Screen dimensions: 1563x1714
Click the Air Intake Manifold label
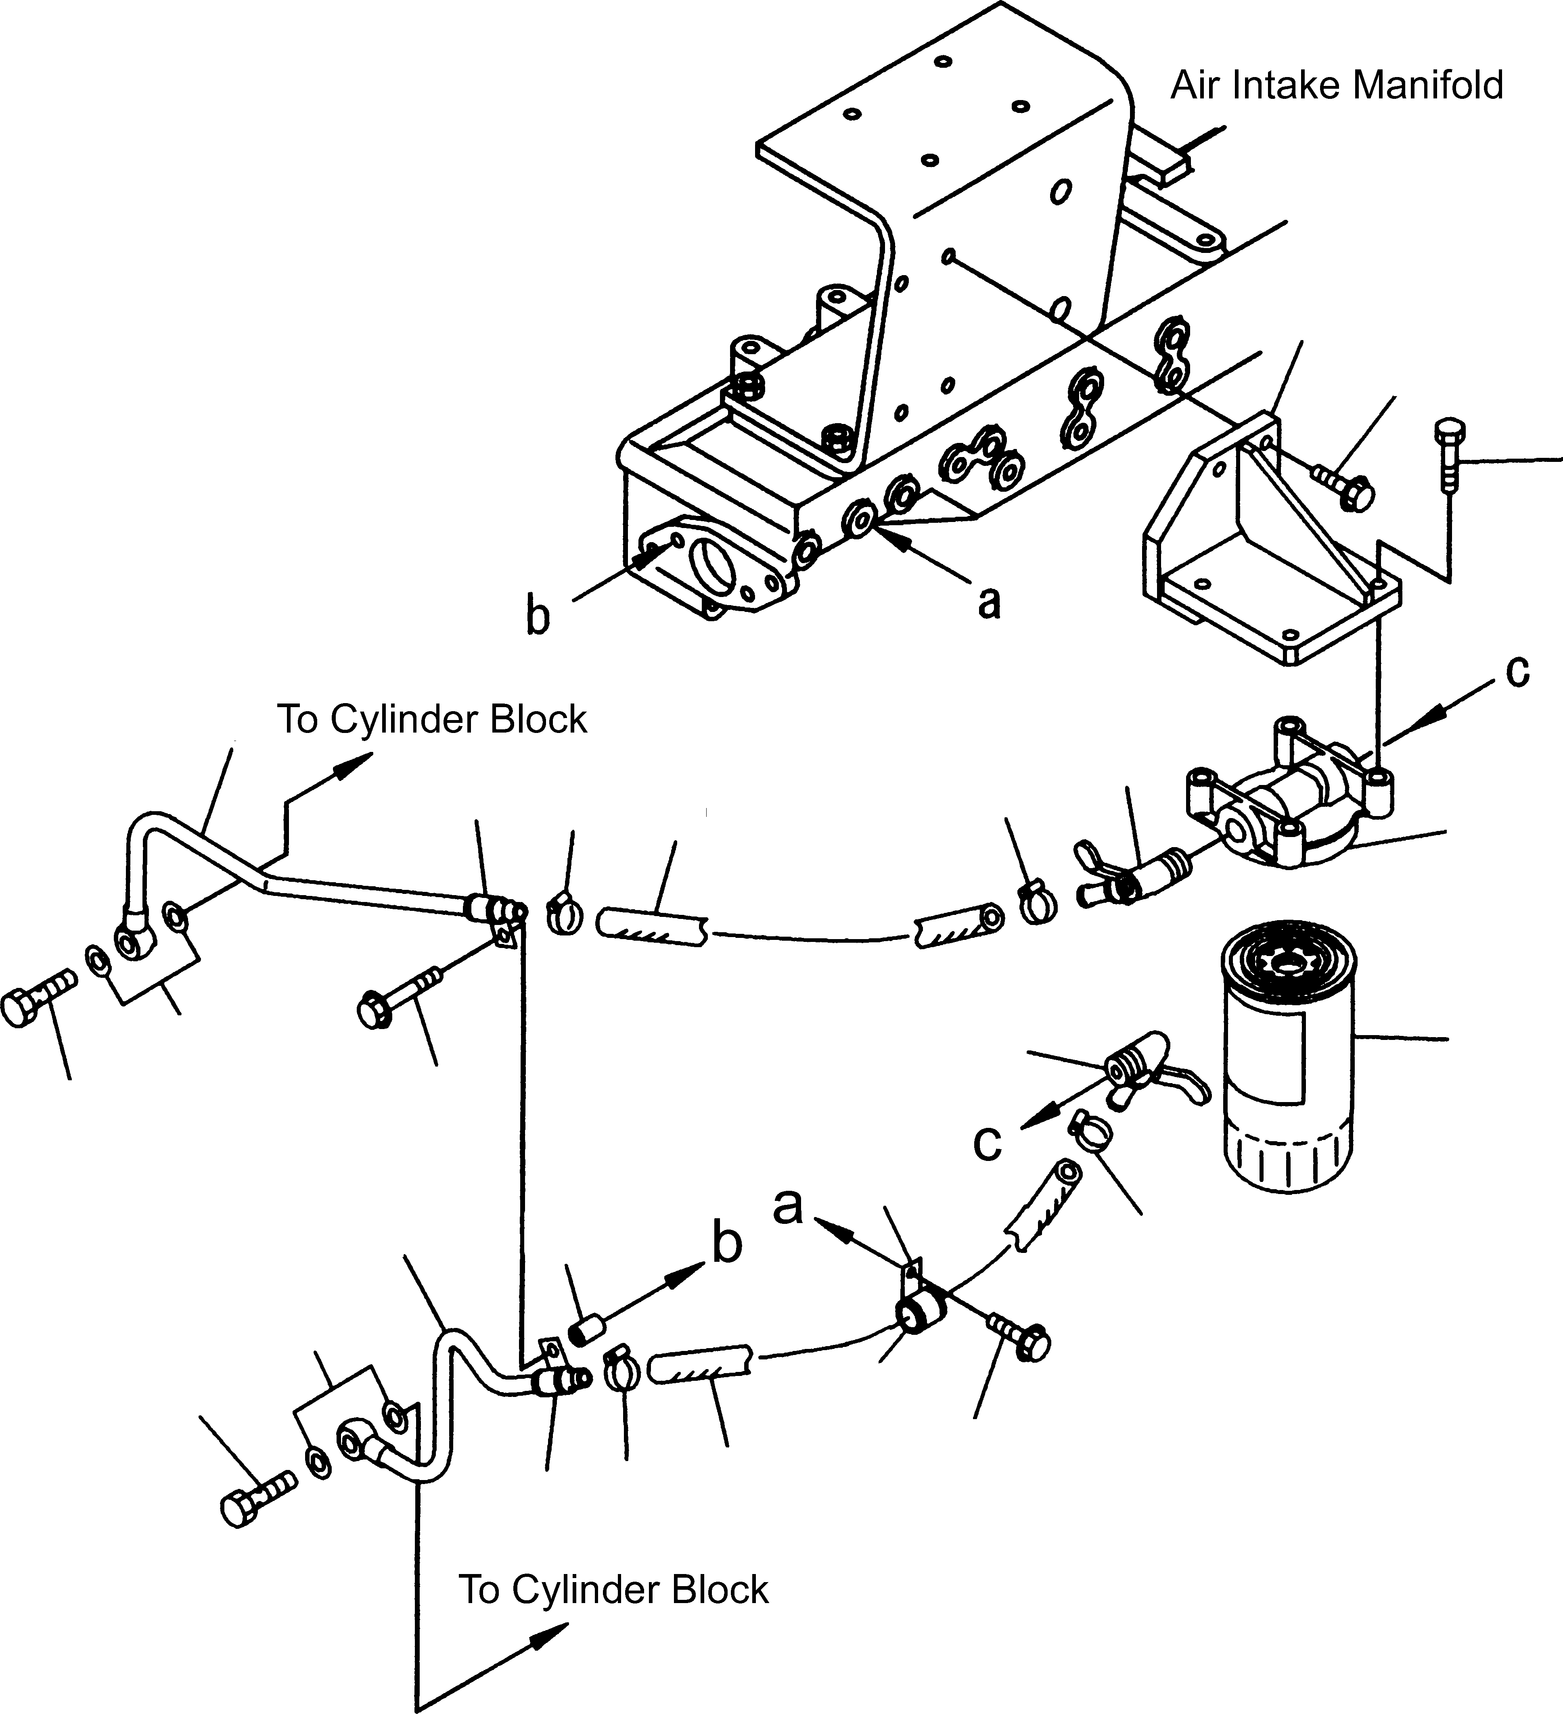click(x=1337, y=86)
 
